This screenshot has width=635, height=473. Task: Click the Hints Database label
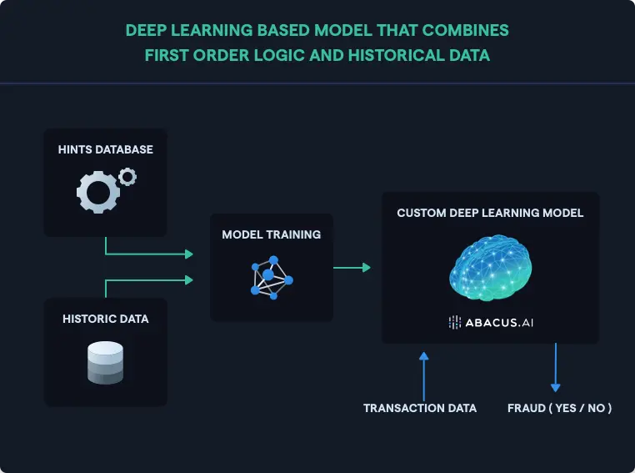pyautogui.click(x=106, y=150)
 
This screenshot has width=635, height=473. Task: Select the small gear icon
pyautogui.click(x=127, y=176)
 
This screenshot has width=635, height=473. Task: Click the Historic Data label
pyautogui.click(x=105, y=319)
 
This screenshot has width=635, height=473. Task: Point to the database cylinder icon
pyautogui.click(x=105, y=363)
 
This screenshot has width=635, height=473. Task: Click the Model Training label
pyautogui.click(x=271, y=234)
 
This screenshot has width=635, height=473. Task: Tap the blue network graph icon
pyautogui.click(x=270, y=277)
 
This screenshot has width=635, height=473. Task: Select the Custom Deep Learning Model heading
pyautogui.click(x=490, y=213)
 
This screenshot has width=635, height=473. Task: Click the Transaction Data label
pyautogui.click(x=420, y=408)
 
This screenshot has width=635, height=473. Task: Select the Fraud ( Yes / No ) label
pyautogui.click(x=560, y=408)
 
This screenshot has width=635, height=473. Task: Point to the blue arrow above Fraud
pyautogui.click(x=555, y=367)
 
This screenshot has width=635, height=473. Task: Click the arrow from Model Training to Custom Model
pyautogui.click(x=352, y=268)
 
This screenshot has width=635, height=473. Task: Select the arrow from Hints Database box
pyautogui.click(x=150, y=253)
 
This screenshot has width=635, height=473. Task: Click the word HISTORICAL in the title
pyautogui.click(x=401, y=57)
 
